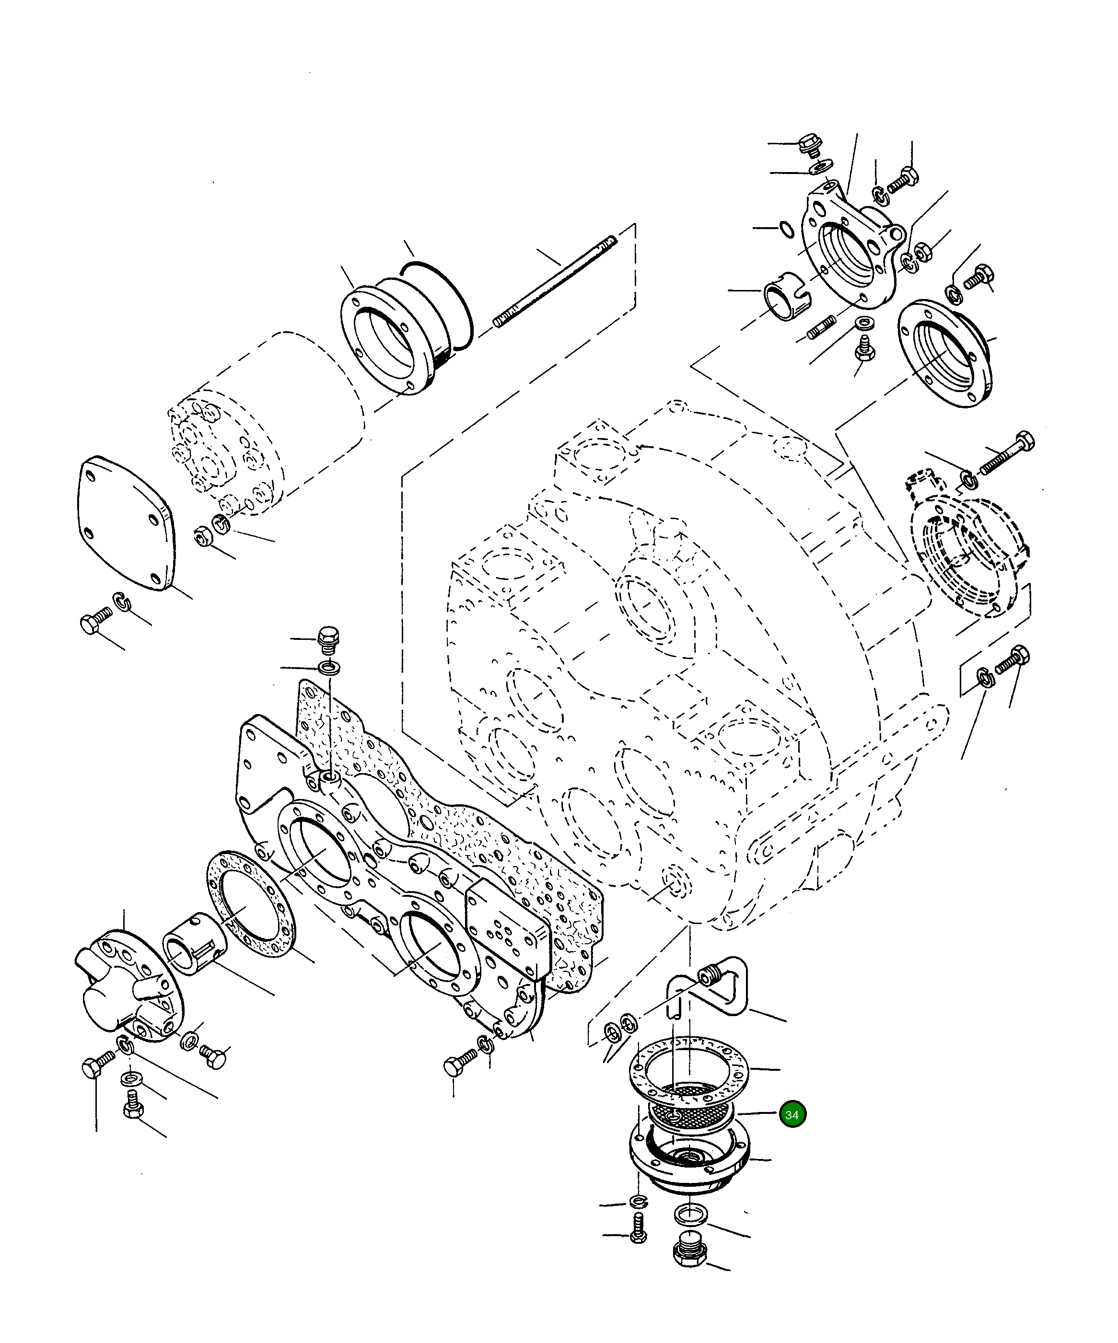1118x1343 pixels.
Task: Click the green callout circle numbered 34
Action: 792,1115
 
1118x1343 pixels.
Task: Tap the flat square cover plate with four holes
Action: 126,522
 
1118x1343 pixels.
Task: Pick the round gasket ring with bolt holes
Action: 250,913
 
